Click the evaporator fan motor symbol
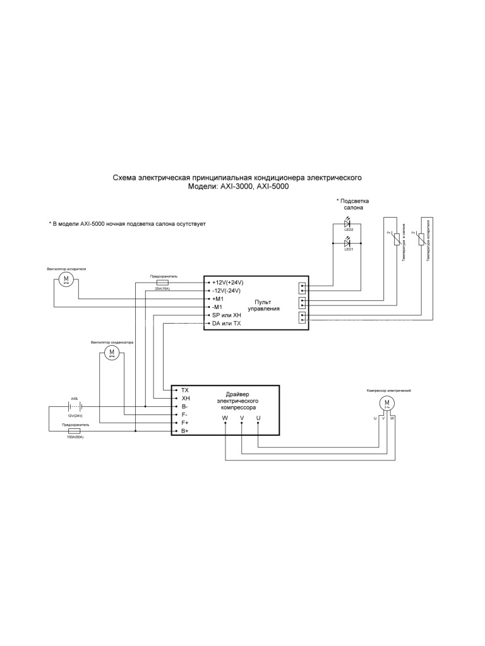[66, 279]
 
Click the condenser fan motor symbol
[112, 352]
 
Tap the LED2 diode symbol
[347, 224]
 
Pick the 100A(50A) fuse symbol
[73, 431]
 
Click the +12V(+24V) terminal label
[227, 283]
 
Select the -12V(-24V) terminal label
[227, 291]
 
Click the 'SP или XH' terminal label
[227, 315]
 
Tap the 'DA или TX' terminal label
[227, 323]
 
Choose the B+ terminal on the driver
[185, 431]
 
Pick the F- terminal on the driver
[184, 415]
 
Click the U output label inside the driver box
[258, 418]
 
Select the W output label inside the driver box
[225, 418]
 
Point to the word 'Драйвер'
[237, 394]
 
